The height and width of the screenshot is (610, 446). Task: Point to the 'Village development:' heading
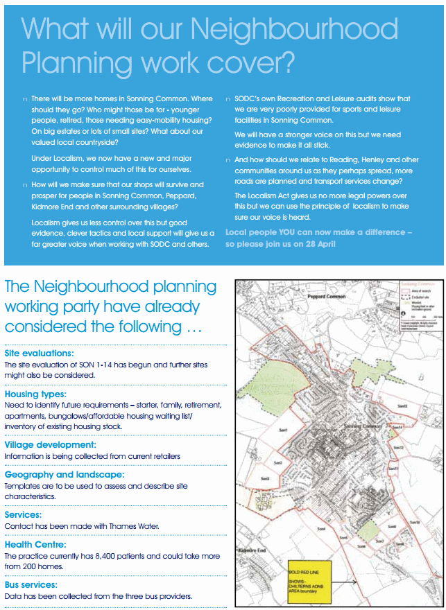(50, 445)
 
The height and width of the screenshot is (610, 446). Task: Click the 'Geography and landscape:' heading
(65, 475)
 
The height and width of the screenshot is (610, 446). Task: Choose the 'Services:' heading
(24, 515)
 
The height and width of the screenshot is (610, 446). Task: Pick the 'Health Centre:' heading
(35, 545)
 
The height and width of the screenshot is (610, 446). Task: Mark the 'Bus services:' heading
(32, 585)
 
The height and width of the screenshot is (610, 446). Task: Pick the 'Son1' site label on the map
(284, 430)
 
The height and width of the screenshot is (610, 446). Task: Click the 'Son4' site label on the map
(320, 530)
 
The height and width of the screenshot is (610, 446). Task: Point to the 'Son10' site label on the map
(415, 521)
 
